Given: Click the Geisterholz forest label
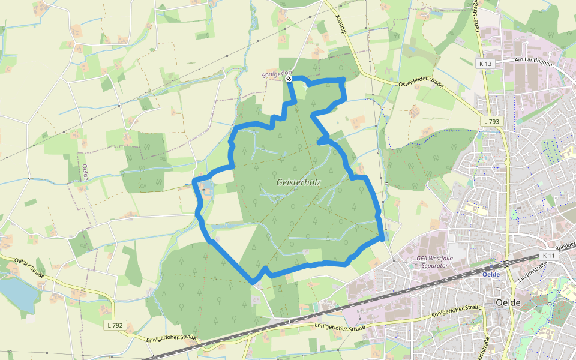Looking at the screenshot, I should coord(299,182).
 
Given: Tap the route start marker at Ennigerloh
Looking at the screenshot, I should coord(289,79).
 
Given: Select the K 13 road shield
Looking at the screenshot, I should coord(485,64).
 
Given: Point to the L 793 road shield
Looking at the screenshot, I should coord(491,121).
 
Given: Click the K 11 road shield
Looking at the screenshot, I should coord(548,256).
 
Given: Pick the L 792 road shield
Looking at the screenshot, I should coord(115,325).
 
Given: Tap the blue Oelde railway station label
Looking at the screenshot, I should coord(491,274).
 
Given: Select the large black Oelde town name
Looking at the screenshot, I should coord(507,302).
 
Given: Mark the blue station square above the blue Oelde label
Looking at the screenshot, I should coord(491,266).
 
